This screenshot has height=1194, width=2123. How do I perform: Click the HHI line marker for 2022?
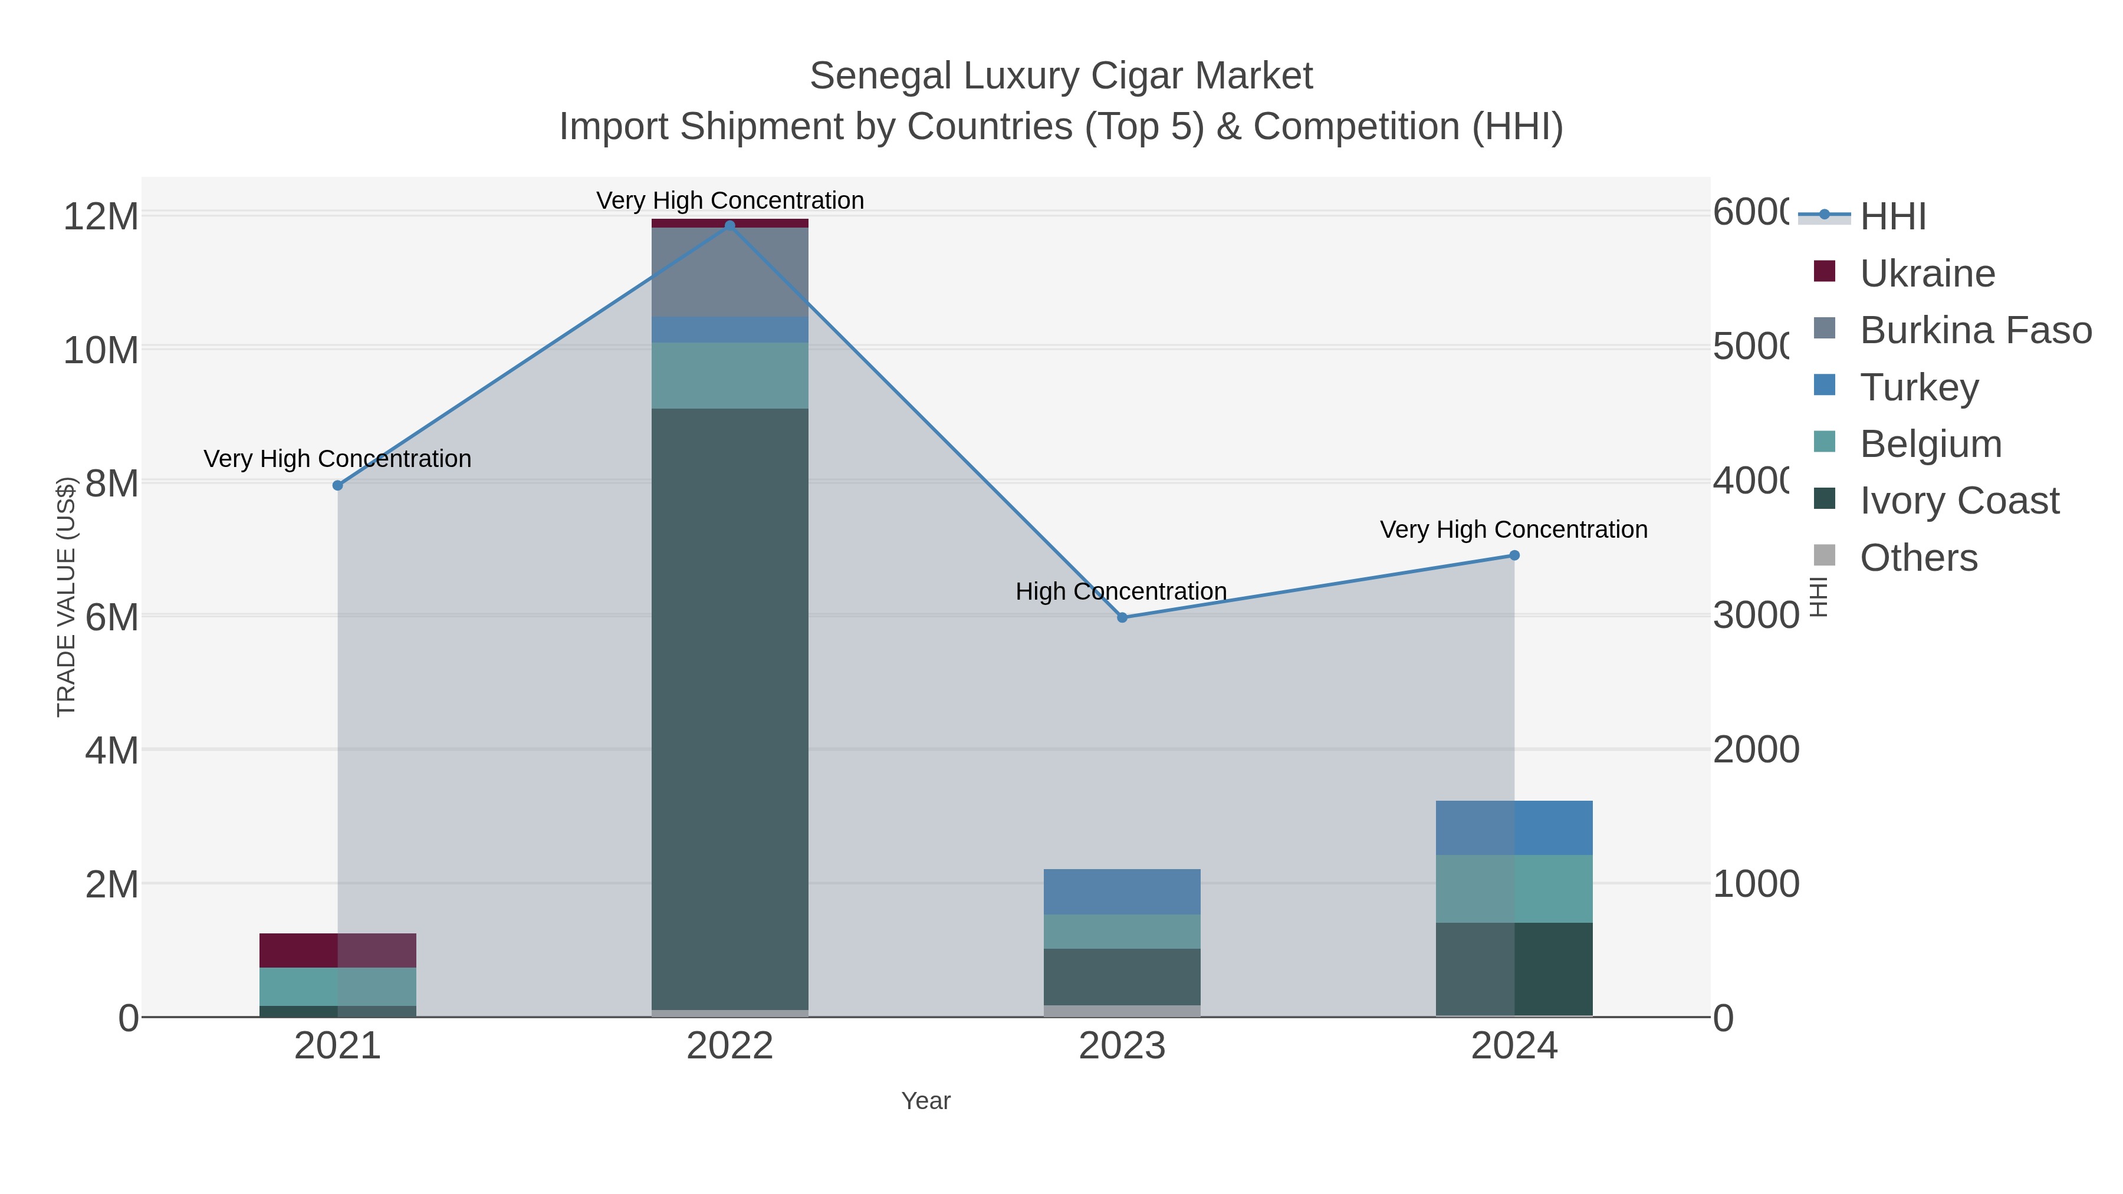tap(729, 225)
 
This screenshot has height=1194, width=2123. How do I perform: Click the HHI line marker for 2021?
tap(337, 485)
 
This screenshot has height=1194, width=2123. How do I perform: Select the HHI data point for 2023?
tap(1122, 617)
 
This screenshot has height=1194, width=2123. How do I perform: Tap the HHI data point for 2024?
tap(1514, 555)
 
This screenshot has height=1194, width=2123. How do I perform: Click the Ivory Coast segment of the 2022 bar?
tap(729, 709)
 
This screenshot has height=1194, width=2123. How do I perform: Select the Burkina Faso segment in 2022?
tap(729, 272)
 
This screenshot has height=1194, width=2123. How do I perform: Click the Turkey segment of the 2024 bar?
tap(1514, 827)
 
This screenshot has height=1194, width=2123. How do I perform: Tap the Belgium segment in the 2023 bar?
tap(1122, 931)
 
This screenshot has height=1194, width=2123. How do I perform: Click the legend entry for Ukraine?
tap(1927, 274)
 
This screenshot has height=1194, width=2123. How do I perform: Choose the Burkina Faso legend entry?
tap(1974, 330)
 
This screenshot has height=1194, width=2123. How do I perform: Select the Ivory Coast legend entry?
tap(1959, 501)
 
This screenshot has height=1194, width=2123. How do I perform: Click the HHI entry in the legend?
tap(1893, 217)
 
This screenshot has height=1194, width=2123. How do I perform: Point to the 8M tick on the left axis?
tap(112, 483)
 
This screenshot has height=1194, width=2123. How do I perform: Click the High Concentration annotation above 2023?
tap(1121, 591)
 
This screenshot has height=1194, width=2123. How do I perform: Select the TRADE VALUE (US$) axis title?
tap(66, 597)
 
